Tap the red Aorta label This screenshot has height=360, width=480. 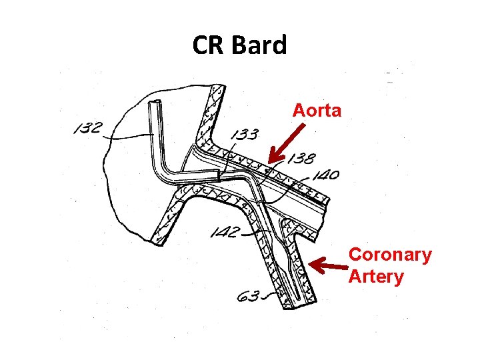tap(317, 110)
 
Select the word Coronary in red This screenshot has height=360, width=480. tap(390, 255)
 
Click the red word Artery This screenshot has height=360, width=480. tap(375, 276)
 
